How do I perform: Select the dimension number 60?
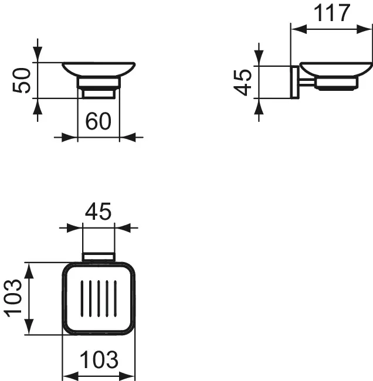[x=99, y=121]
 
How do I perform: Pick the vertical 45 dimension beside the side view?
[x=243, y=81]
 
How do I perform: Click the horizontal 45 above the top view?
[x=98, y=212]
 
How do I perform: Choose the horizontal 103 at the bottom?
[x=99, y=358]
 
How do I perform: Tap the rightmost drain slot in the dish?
[x=115, y=298]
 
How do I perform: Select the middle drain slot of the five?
[x=98, y=298]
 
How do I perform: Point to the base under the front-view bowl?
[x=99, y=93]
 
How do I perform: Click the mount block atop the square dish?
[x=99, y=257]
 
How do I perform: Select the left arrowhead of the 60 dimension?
[x=72, y=138]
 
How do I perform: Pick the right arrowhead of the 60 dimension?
[x=126, y=138]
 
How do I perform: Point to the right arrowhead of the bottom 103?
[x=130, y=376]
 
